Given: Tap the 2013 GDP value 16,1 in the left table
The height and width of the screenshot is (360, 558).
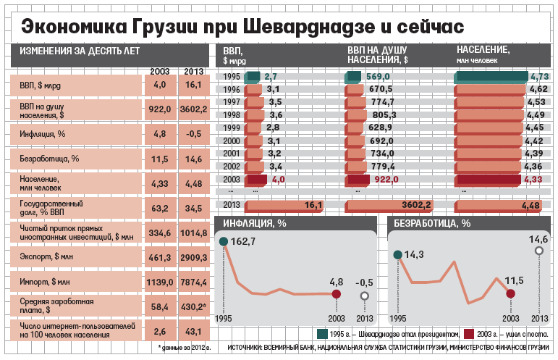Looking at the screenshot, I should pos(193,85).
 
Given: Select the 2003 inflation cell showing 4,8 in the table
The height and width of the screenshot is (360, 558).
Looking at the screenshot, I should pos(160,134).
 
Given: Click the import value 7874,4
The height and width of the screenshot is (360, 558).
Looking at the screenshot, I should pos(193,281).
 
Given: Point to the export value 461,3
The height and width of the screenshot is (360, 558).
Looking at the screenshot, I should pos(160,256).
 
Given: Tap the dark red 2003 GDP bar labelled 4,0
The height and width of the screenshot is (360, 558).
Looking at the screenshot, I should pos(256,179).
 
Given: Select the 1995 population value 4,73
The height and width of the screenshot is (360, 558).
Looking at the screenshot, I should pos(538,76).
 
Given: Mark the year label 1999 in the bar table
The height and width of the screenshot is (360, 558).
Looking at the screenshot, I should pos(232,127).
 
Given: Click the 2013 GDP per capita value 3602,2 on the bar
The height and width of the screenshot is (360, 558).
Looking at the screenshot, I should pos(416,206).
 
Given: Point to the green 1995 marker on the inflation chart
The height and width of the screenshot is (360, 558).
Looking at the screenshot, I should pos(224,241).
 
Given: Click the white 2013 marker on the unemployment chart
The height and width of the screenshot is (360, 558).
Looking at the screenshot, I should pos(538,251).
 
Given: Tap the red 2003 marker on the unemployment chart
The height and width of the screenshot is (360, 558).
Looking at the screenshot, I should pos(511,293).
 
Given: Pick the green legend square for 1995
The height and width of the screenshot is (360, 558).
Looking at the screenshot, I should pos(322,334).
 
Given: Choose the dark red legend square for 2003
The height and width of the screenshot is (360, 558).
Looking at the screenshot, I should pos(469,334).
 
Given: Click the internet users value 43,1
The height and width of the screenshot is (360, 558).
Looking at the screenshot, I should pos(193,330).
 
